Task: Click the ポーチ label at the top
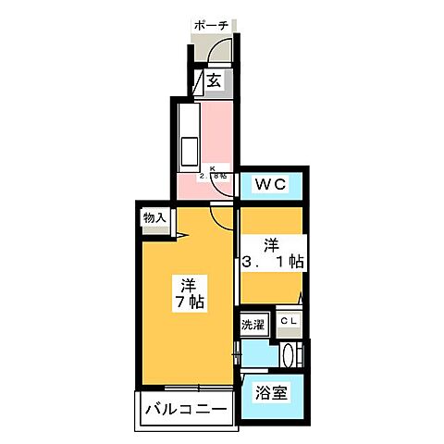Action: [x=213, y=26]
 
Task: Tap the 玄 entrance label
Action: [x=214, y=81]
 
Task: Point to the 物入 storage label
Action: [x=154, y=217]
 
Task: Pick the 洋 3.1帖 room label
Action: [x=272, y=253]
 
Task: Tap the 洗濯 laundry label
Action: [x=253, y=325]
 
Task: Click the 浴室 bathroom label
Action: [x=271, y=392]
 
